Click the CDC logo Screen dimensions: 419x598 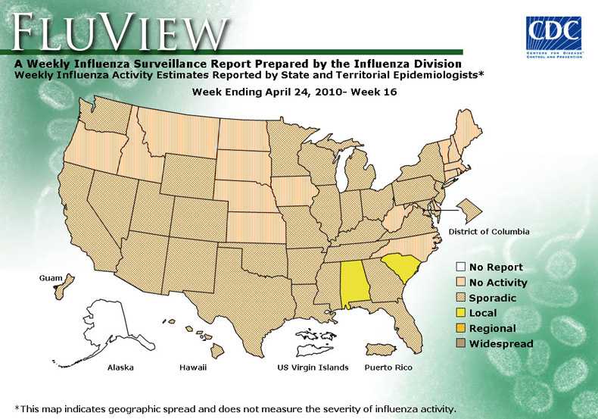[x=553, y=33]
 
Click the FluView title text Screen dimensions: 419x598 [x=121, y=32]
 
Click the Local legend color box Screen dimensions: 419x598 [x=460, y=313]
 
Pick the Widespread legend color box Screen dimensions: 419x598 [x=460, y=344]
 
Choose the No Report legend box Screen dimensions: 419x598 [x=460, y=267]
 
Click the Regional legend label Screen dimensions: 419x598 [x=492, y=329]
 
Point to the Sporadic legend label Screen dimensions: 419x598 [x=493, y=298]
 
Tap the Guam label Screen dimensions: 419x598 [x=50, y=279]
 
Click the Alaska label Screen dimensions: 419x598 [x=120, y=367]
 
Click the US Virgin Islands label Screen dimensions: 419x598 [x=313, y=367]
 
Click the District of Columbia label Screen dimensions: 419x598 [x=488, y=231]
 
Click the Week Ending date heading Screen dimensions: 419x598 [x=294, y=92]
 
